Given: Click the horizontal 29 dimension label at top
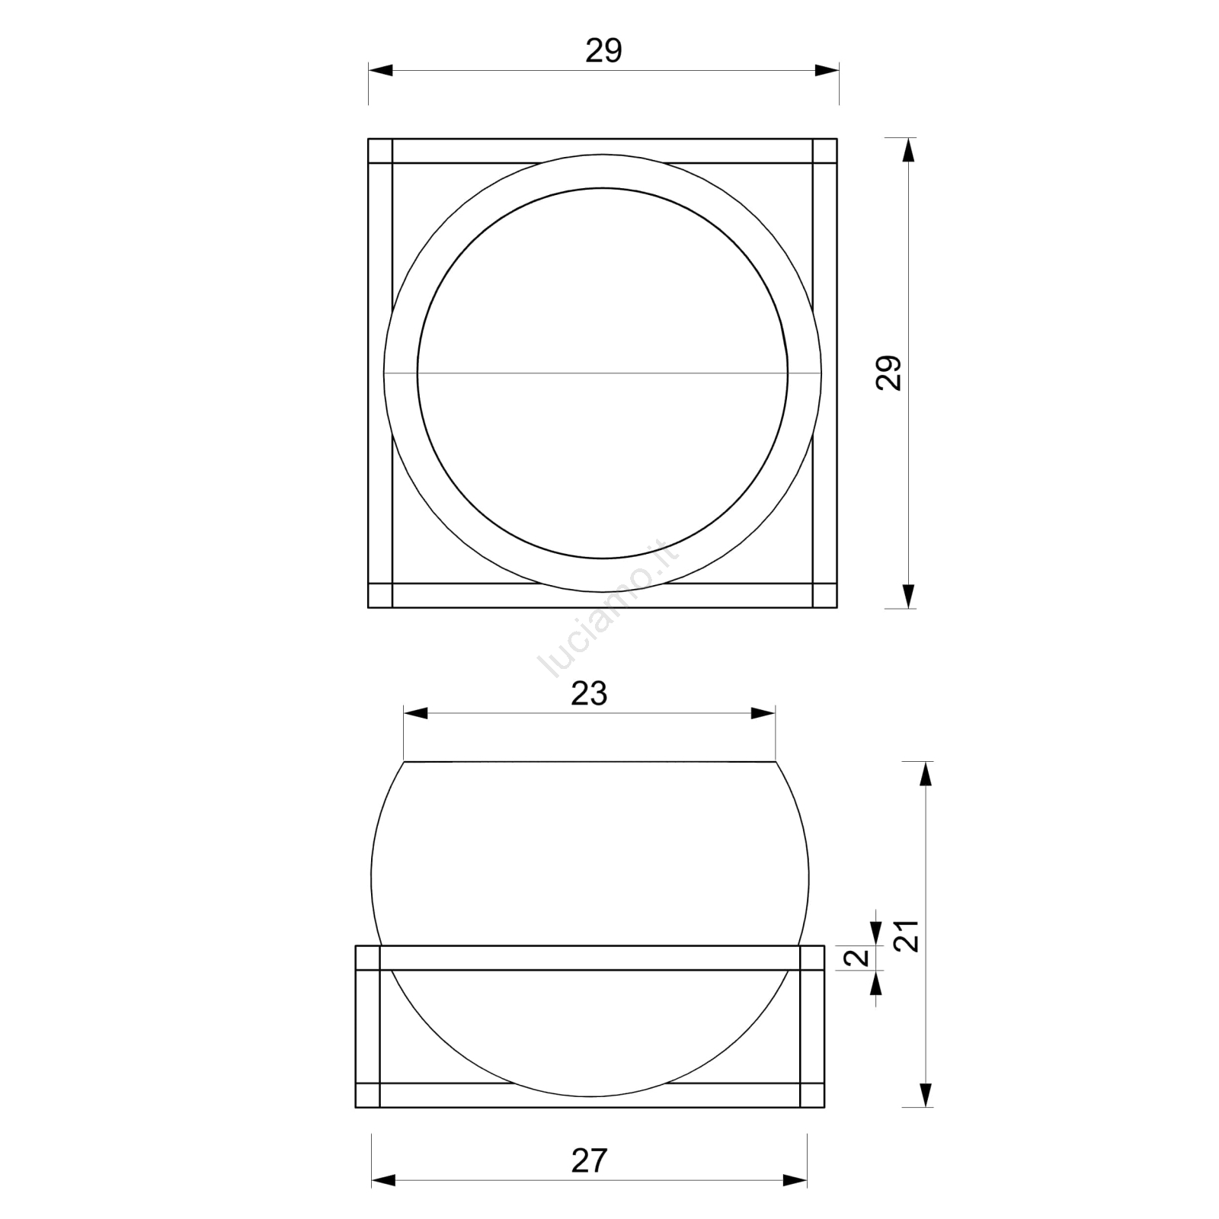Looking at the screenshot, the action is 603,51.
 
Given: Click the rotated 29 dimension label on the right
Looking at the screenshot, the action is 889,373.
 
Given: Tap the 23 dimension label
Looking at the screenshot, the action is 589,694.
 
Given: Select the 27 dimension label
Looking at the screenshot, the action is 589,1160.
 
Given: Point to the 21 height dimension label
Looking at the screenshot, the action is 907,936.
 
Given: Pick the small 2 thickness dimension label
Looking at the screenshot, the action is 860,958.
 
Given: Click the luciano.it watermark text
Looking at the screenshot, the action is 607,609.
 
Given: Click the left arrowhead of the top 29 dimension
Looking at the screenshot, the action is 380,70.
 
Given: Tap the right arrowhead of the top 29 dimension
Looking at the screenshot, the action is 827,70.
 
